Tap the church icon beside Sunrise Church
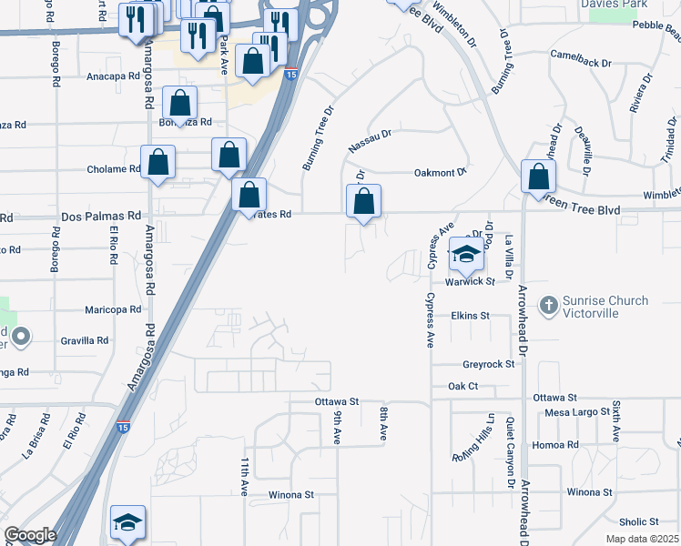click(548, 306)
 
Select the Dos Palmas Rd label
click(100, 217)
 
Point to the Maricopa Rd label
click(113, 309)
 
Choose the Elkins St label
click(470, 316)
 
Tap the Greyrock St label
click(488, 364)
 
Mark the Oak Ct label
click(462, 386)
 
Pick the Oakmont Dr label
click(440, 171)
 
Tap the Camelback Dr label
click(580, 62)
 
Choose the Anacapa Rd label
click(111, 76)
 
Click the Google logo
click(30, 535)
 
